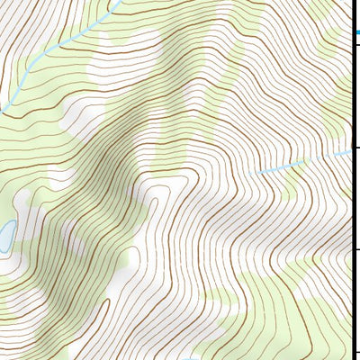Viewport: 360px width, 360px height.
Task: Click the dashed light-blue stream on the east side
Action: coord(306,162)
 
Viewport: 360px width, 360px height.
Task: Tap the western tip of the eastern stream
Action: coord(258,173)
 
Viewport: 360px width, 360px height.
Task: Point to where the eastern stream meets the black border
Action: coord(350,150)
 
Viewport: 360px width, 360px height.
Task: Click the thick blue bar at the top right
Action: coord(355,33)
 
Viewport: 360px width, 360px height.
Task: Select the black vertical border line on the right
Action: coord(351,198)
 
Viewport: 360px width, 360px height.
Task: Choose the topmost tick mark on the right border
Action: coord(355,33)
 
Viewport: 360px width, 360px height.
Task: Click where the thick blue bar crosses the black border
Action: coord(351,33)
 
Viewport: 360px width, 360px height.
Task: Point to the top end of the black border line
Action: coord(351,1)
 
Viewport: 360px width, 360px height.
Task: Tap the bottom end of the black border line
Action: coord(351,358)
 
